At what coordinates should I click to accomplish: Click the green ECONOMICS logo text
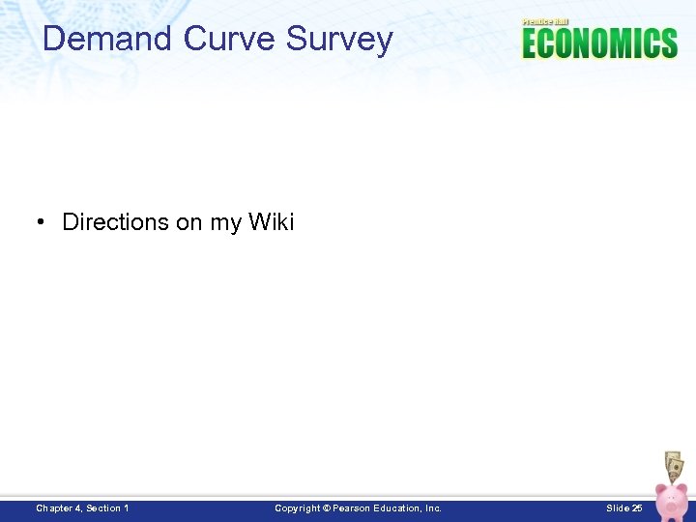599,43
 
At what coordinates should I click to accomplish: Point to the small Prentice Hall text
545,21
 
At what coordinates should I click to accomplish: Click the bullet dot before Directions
43,222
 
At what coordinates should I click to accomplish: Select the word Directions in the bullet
115,222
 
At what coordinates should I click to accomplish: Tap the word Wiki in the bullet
271,222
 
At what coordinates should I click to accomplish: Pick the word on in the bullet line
188,223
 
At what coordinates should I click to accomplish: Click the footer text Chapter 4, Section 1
82,507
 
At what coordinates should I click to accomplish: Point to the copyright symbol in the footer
326,507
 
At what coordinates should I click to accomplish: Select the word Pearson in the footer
353,507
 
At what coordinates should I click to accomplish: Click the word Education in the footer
401,507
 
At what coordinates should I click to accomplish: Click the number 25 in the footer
637,507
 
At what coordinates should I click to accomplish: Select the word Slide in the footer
617,507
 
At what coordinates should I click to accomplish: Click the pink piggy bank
671,501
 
